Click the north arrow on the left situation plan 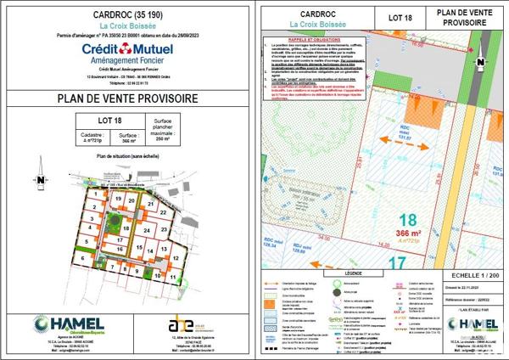(41, 180)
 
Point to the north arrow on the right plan (481, 61)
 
